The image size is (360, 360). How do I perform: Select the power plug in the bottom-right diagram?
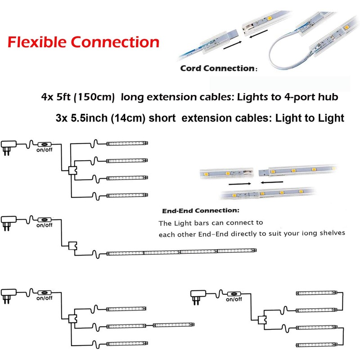coord(198,296)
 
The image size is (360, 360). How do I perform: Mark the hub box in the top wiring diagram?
coord(72,171)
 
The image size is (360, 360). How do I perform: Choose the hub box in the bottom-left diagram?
coord(72,318)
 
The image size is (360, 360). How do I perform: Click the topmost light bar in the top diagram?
coord(127,144)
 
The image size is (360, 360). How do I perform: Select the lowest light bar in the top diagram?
coord(127,196)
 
